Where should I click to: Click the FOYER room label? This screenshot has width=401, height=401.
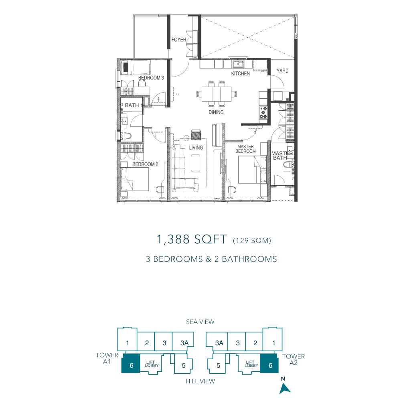click(x=179, y=40)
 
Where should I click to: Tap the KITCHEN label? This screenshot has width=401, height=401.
click(x=240, y=74)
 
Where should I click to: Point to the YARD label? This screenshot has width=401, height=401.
click(x=283, y=71)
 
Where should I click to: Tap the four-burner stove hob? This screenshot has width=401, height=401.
click(x=263, y=113)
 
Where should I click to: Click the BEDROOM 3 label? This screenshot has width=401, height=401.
click(x=151, y=78)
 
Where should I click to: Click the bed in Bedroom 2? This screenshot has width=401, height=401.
click(x=135, y=179)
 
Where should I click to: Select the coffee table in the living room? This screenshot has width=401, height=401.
click(x=195, y=163)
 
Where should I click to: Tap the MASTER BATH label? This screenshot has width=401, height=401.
click(x=282, y=156)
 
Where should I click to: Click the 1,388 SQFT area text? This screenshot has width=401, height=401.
click(x=192, y=239)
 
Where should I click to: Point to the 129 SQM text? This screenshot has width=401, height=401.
click(x=252, y=240)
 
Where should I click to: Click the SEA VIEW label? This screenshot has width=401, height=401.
click(x=200, y=322)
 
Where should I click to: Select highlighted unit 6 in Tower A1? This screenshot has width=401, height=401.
click(x=130, y=363)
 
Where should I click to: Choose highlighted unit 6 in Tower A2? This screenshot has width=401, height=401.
click(x=269, y=363)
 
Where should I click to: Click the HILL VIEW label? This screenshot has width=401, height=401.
click(x=200, y=381)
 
